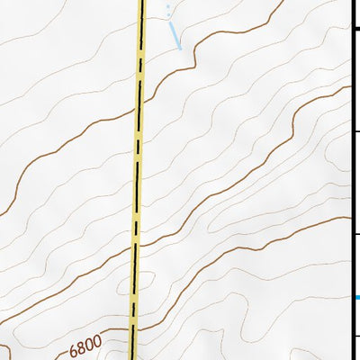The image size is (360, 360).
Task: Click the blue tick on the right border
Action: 357,297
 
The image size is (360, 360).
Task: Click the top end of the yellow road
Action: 141,2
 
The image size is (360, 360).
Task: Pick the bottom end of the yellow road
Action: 132,357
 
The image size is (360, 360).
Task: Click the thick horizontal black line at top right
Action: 355,29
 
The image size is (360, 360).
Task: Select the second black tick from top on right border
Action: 355,132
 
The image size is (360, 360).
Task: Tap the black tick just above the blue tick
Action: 355,236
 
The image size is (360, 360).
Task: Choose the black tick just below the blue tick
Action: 355,336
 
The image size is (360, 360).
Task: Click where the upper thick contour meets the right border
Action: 348,87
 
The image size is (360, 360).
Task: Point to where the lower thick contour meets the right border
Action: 348,218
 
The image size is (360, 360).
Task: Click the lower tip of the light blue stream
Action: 179,47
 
